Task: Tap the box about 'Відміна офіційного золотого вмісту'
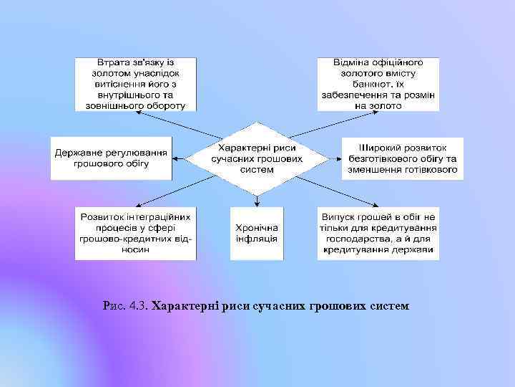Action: (x=378, y=85)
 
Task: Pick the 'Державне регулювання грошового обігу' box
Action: (x=111, y=158)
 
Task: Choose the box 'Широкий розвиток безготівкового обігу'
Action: (x=402, y=158)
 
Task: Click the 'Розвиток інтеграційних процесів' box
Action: (x=136, y=233)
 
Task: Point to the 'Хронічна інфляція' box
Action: (x=256, y=233)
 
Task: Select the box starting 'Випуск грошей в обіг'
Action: (x=378, y=233)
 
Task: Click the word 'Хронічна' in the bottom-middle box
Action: (x=256, y=227)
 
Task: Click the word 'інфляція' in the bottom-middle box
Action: (x=256, y=239)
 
